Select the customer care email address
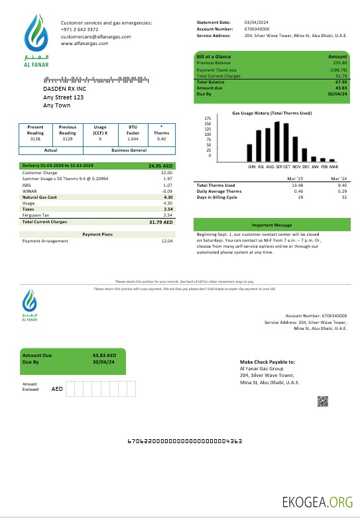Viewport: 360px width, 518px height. pos(96,36)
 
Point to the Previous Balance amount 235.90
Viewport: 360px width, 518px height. pos(340,63)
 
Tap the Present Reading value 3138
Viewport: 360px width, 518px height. pos(36,139)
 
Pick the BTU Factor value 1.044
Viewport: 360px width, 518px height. pos(131,139)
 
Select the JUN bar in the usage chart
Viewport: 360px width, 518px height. pos(250,153)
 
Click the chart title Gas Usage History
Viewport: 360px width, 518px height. pos(272,113)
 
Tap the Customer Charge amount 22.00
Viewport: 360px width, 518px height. pos(167,172)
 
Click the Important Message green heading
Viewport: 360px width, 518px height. pos(272,225)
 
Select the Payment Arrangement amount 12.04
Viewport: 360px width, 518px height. pos(167,241)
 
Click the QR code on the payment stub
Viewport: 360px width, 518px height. pos(323,401)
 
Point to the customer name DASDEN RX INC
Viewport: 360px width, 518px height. pos(64,88)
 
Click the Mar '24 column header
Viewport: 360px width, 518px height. pos(337,179)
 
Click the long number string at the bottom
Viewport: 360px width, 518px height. pos(184,440)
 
